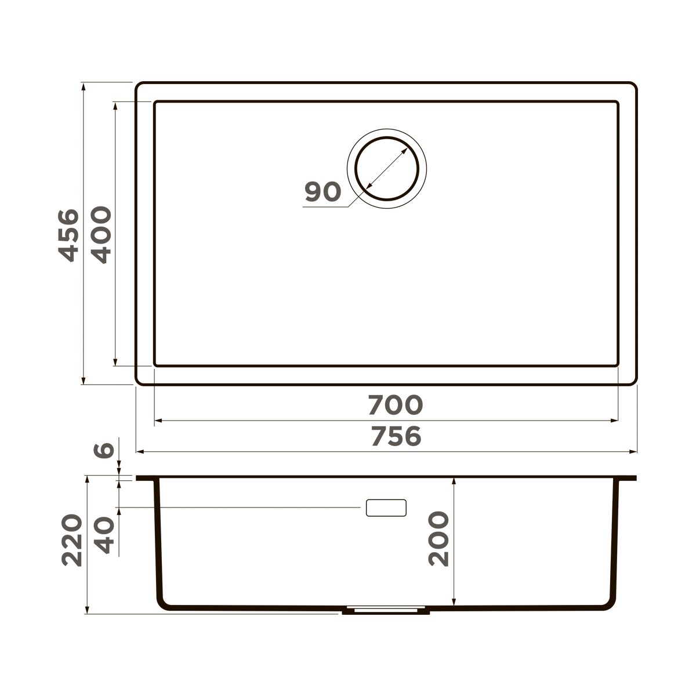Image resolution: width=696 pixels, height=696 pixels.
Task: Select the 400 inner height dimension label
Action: tap(101, 235)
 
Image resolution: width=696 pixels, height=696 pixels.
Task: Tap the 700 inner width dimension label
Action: tap(396, 405)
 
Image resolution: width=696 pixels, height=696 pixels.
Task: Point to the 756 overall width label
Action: tap(396, 436)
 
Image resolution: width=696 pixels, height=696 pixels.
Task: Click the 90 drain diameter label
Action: tap(322, 192)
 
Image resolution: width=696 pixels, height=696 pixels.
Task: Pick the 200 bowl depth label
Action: tap(439, 539)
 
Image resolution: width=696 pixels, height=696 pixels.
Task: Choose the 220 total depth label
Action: tap(72, 539)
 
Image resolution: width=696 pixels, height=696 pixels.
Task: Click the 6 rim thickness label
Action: tap(104, 449)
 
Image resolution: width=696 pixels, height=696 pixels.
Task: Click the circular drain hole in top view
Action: tap(387, 168)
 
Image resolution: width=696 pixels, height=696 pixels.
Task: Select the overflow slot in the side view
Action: tap(386, 508)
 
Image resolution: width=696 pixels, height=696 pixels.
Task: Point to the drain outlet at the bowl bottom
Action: tap(386, 611)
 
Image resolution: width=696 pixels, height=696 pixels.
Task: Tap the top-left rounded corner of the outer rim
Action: tap(139, 86)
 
